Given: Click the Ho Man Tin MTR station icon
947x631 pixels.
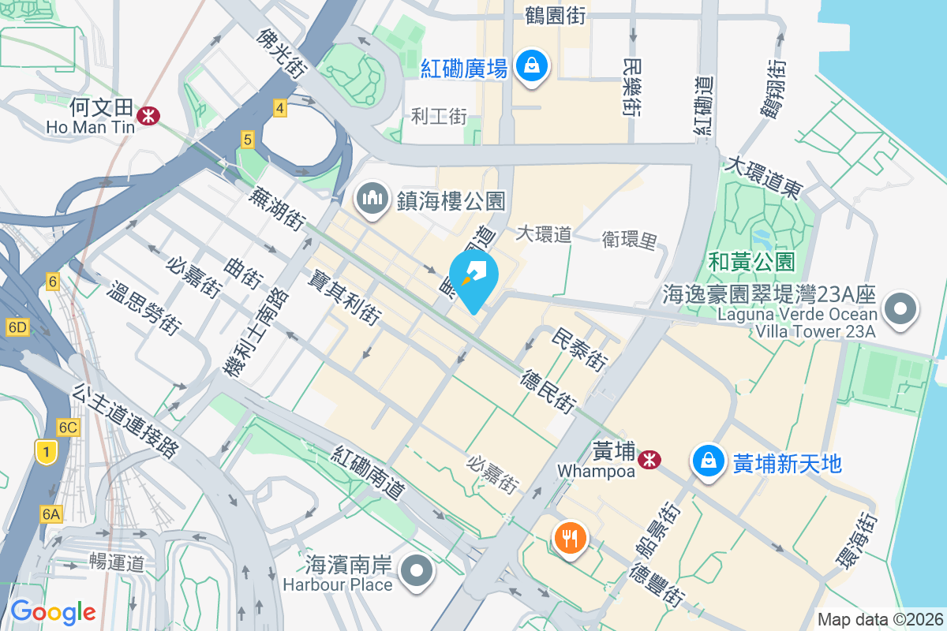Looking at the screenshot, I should tap(148, 115).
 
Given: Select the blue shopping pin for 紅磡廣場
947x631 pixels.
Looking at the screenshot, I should tap(533, 66).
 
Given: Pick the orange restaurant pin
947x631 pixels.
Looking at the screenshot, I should tap(569, 539).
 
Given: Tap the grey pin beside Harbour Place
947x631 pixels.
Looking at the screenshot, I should tap(417, 571).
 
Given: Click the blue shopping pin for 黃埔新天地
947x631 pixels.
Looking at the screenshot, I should tap(709, 461).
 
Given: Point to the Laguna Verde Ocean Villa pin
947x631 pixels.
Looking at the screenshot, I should tap(900, 309).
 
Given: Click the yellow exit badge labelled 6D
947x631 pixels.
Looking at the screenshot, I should tap(17, 327).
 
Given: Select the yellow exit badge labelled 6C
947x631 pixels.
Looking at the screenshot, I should tap(69, 428).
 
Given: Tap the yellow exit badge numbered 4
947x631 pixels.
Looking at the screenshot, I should tap(279, 108).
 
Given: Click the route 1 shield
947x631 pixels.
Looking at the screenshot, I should tap(47, 452).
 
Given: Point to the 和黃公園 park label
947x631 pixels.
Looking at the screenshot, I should tap(751, 262).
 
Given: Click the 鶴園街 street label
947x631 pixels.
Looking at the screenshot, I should tap(556, 15).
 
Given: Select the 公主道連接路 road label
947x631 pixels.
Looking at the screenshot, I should tap(125, 421).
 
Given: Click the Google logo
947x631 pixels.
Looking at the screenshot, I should tap(53, 612).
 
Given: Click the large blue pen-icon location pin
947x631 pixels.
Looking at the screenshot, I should tap(473, 276).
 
